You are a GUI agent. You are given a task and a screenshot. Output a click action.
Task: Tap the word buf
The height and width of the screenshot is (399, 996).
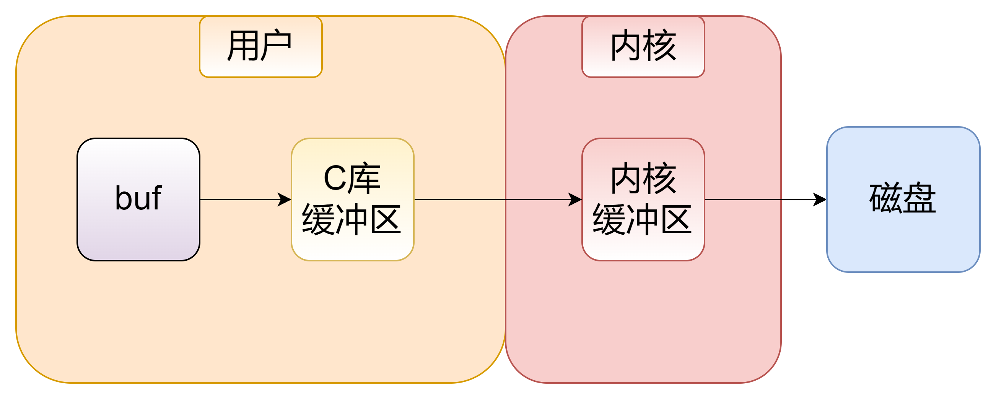coord(138,198)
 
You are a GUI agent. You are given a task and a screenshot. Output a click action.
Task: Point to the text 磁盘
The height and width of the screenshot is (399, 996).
coord(903,198)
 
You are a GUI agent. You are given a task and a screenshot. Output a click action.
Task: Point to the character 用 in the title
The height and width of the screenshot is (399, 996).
coord(243,46)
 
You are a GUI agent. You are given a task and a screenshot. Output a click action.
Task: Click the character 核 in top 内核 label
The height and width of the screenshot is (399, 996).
coord(660,46)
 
